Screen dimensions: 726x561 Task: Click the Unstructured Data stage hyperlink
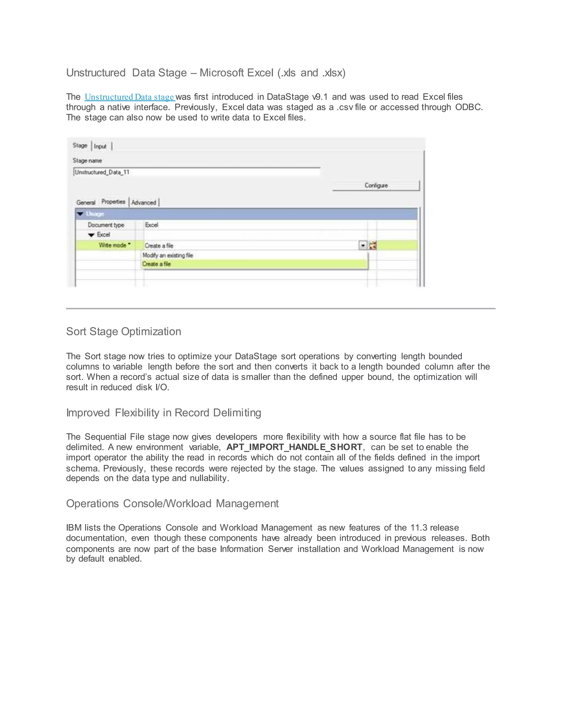pyautogui.click(x=130, y=97)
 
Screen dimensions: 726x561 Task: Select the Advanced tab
pyautogui.click(x=144, y=202)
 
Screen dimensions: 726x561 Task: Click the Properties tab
pyautogui.click(x=113, y=202)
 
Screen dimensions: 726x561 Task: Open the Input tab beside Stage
pyautogui.click(x=100, y=146)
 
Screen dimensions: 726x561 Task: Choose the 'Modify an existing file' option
pyautogui.click(x=168, y=255)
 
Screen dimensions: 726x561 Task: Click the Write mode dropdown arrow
pyautogui.click(x=363, y=246)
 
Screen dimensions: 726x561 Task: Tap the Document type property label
pyautogui.click(x=106, y=225)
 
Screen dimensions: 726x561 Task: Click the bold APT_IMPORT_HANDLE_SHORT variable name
pyautogui.click(x=294, y=447)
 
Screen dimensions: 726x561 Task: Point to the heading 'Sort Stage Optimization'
pyautogui.click(x=124, y=331)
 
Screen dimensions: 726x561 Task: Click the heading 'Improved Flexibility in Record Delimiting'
pyautogui.click(x=164, y=413)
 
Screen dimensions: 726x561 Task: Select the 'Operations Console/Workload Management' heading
pyautogui.click(x=172, y=503)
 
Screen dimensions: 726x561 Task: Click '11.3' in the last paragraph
pyautogui.click(x=419, y=528)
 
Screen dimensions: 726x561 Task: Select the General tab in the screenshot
pyautogui.click(x=86, y=202)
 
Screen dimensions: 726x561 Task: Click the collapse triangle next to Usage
pyautogui.click(x=80, y=214)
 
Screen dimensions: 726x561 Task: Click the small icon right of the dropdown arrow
pyautogui.click(x=373, y=246)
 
